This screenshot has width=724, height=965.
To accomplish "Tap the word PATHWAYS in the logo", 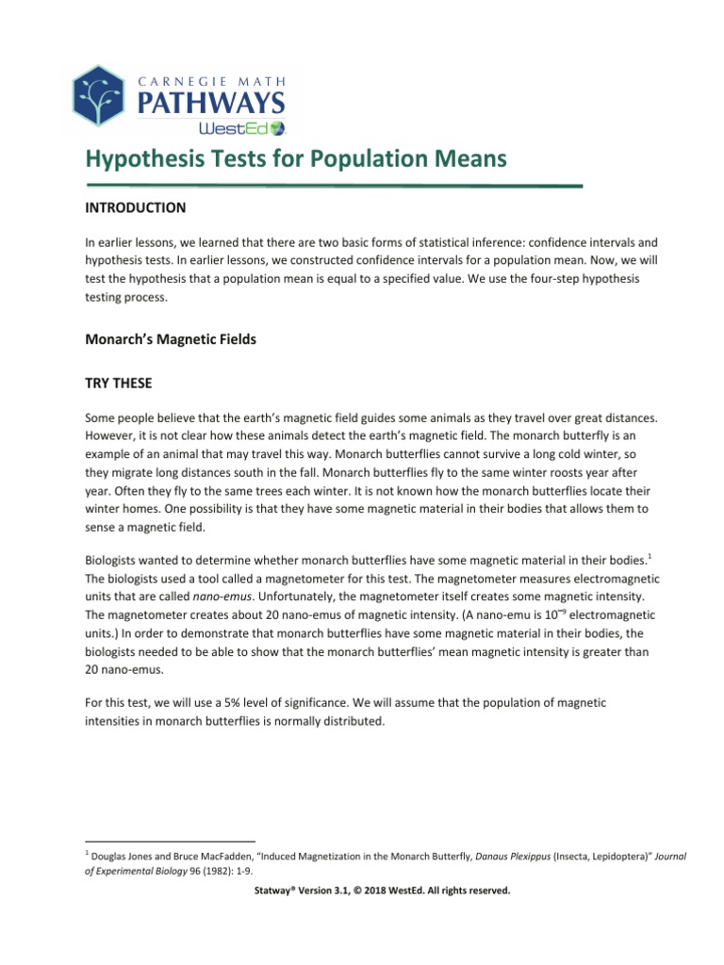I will click(x=212, y=99).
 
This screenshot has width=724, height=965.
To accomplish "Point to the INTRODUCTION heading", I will click(x=135, y=207).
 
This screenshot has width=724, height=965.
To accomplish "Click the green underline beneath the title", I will click(x=334, y=186).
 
